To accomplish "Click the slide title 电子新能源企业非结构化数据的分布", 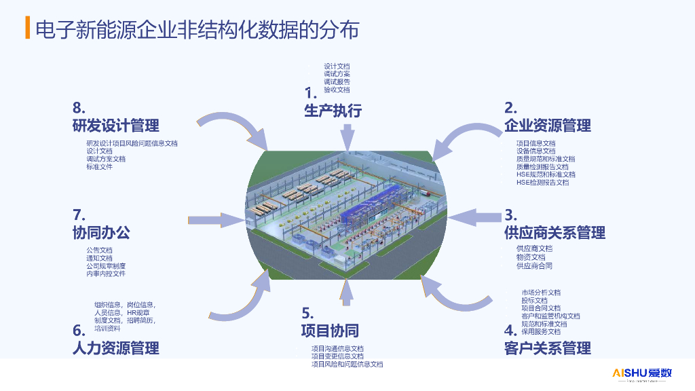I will [x=196, y=29].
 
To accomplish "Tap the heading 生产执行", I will [x=333, y=111].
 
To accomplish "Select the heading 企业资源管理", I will [x=547, y=126].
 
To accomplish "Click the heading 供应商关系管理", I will [x=555, y=233].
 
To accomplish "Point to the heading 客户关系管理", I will [x=547, y=348].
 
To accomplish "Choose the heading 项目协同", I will [x=330, y=331].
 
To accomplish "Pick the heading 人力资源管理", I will [x=115, y=348].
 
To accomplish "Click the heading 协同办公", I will [x=101, y=233].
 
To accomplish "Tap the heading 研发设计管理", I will [x=115, y=126].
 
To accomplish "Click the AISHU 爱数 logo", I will [x=641, y=373].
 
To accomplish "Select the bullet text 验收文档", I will [x=337, y=90].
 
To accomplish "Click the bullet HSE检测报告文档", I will [x=542, y=182].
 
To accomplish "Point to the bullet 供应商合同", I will [x=534, y=266].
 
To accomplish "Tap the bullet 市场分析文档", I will [x=541, y=293].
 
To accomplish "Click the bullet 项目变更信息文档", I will [x=337, y=356].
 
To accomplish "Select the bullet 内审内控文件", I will [x=106, y=274].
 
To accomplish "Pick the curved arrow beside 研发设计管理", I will [x=235, y=127].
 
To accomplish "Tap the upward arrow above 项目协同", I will [x=347, y=293].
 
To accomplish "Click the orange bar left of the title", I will [x=27, y=29].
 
